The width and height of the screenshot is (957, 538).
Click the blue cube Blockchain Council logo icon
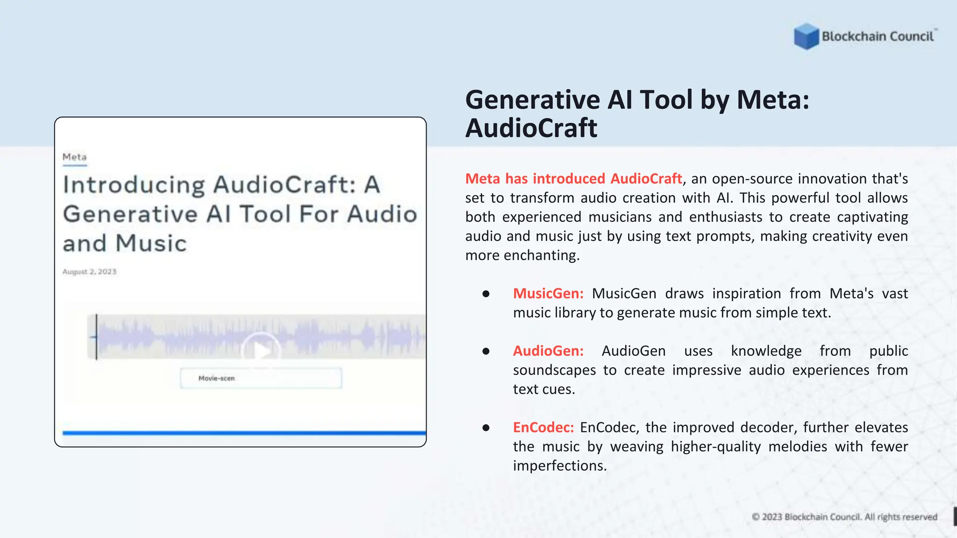[x=806, y=36]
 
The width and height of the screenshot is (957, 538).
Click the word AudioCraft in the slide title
[x=531, y=128]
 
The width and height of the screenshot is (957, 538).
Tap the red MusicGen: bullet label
[x=548, y=293]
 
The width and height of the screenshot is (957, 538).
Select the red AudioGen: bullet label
[x=548, y=351]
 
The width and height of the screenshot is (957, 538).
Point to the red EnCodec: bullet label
[x=543, y=427]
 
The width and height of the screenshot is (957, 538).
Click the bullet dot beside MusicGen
[x=486, y=294]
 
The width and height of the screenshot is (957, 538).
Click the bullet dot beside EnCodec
[x=486, y=427]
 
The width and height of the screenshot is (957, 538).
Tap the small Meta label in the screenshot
[x=75, y=157]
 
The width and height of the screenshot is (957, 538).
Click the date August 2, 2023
[x=89, y=272]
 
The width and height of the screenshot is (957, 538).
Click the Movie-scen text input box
[x=261, y=378]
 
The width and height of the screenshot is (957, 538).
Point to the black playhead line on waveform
[x=96, y=336]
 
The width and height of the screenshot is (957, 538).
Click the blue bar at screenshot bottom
[x=244, y=433]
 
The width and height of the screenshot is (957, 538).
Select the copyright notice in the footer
[x=844, y=517]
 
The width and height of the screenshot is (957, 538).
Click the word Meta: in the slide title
[x=773, y=100]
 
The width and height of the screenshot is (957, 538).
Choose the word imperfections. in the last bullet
[x=559, y=466]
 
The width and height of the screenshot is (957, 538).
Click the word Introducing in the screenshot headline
[x=134, y=184]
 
